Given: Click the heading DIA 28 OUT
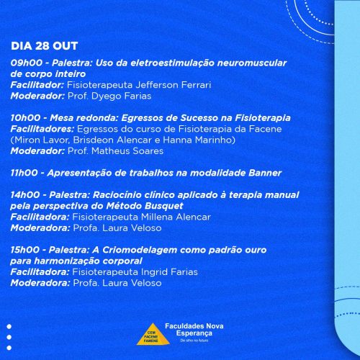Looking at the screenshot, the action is coord(45,46).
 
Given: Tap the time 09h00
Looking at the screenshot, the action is coord(27,63).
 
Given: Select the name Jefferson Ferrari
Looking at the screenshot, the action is coord(174,85).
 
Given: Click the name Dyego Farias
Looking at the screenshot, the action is coord(122,96).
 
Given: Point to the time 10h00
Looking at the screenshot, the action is coord(26,118).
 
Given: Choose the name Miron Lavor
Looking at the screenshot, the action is coord(42,140).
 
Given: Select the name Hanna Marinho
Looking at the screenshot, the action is coord(197,140).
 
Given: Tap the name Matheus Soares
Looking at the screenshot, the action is coord(127,151).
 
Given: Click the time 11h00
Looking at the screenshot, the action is coord(24,173).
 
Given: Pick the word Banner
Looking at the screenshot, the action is coord(265,173).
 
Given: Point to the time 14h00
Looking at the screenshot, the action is coord(25,195).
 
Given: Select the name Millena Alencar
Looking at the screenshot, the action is coord(176,217).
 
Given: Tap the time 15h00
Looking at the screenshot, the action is coord(25,250).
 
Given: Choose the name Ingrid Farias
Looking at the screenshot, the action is coord(169,272).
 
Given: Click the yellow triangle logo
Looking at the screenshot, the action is coord(153,335).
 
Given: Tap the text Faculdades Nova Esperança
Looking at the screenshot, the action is coord(194,330).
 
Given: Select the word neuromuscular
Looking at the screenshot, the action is coord(252,63).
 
